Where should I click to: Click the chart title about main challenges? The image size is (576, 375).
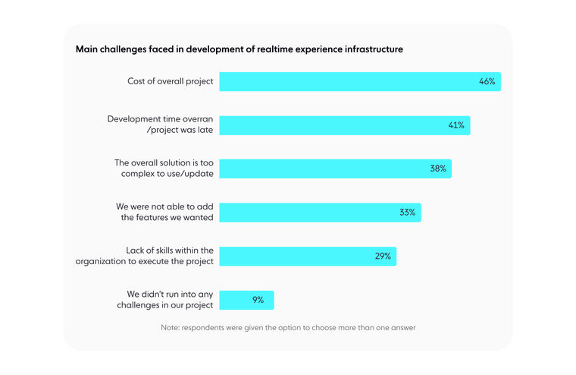(x=239, y=49)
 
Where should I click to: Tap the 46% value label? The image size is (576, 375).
(x=487, y=81)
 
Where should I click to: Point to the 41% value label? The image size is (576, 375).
(x=455, y=125)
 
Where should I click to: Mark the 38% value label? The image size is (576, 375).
(x=438, y=169)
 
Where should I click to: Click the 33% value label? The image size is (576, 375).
(x=408, y=213)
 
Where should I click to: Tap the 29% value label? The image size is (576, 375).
(x=383, y=257)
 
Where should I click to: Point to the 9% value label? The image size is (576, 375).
(x=258, y=300)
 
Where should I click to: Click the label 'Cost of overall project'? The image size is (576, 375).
(x=171, y=81)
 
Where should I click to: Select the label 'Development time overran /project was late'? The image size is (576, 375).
(x=161, y=124)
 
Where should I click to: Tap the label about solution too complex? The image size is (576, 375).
(x=164, y=169)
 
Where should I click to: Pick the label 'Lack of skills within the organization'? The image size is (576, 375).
(x=145, y=256)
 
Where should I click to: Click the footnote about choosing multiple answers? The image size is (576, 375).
(x=288, y=328)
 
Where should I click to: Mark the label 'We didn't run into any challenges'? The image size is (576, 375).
(x=170, y=300)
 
